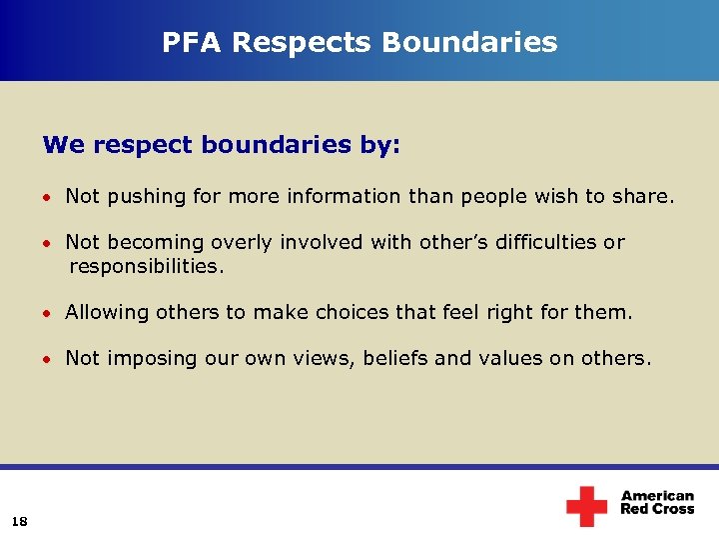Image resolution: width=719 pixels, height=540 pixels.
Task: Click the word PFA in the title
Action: coord(190,42)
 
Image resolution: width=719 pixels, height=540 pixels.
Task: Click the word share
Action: coord(642,197)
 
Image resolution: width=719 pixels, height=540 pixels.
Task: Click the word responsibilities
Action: coord(147,267)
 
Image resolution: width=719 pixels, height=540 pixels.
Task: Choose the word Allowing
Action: coord(105,312)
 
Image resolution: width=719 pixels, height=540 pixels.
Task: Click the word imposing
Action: coord(149,358)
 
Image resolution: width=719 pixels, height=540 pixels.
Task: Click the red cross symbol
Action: coord(586,506)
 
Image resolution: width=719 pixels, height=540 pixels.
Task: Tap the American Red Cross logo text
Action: coord(657,502)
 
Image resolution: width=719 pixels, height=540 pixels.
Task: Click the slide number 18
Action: coord(20,519)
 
